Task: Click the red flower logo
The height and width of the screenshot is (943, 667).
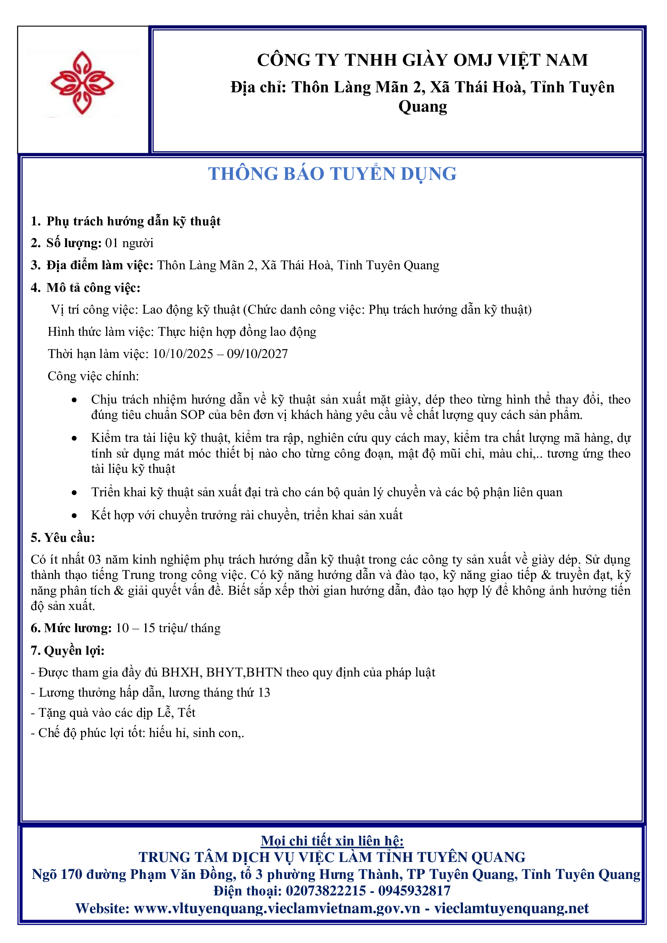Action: [82, 83]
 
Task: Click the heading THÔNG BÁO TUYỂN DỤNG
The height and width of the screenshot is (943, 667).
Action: [332, 174]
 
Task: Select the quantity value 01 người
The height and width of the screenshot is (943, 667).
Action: [129, 243]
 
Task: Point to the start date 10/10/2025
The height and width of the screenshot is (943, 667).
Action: [183, 354]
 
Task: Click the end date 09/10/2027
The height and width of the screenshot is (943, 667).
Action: [258, 354]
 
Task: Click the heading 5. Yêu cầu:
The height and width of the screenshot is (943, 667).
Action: [63, 538]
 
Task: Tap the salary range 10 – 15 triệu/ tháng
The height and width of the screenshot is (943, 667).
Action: [168, 628]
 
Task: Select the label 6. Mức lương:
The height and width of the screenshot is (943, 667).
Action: [71, 628]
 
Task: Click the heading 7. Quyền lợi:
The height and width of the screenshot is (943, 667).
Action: [68, 651]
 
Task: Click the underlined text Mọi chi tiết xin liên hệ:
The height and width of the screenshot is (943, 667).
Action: [332, 841]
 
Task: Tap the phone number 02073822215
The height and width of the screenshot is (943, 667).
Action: [325, 891]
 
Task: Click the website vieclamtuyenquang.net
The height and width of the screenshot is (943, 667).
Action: [511, 908]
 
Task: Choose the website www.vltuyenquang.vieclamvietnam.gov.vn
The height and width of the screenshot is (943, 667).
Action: [277, 908]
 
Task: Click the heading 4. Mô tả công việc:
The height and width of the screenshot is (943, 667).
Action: [85, 288]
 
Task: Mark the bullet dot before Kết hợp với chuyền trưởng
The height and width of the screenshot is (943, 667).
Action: [74, 516]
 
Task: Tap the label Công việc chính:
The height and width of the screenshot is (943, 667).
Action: [93, 376]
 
